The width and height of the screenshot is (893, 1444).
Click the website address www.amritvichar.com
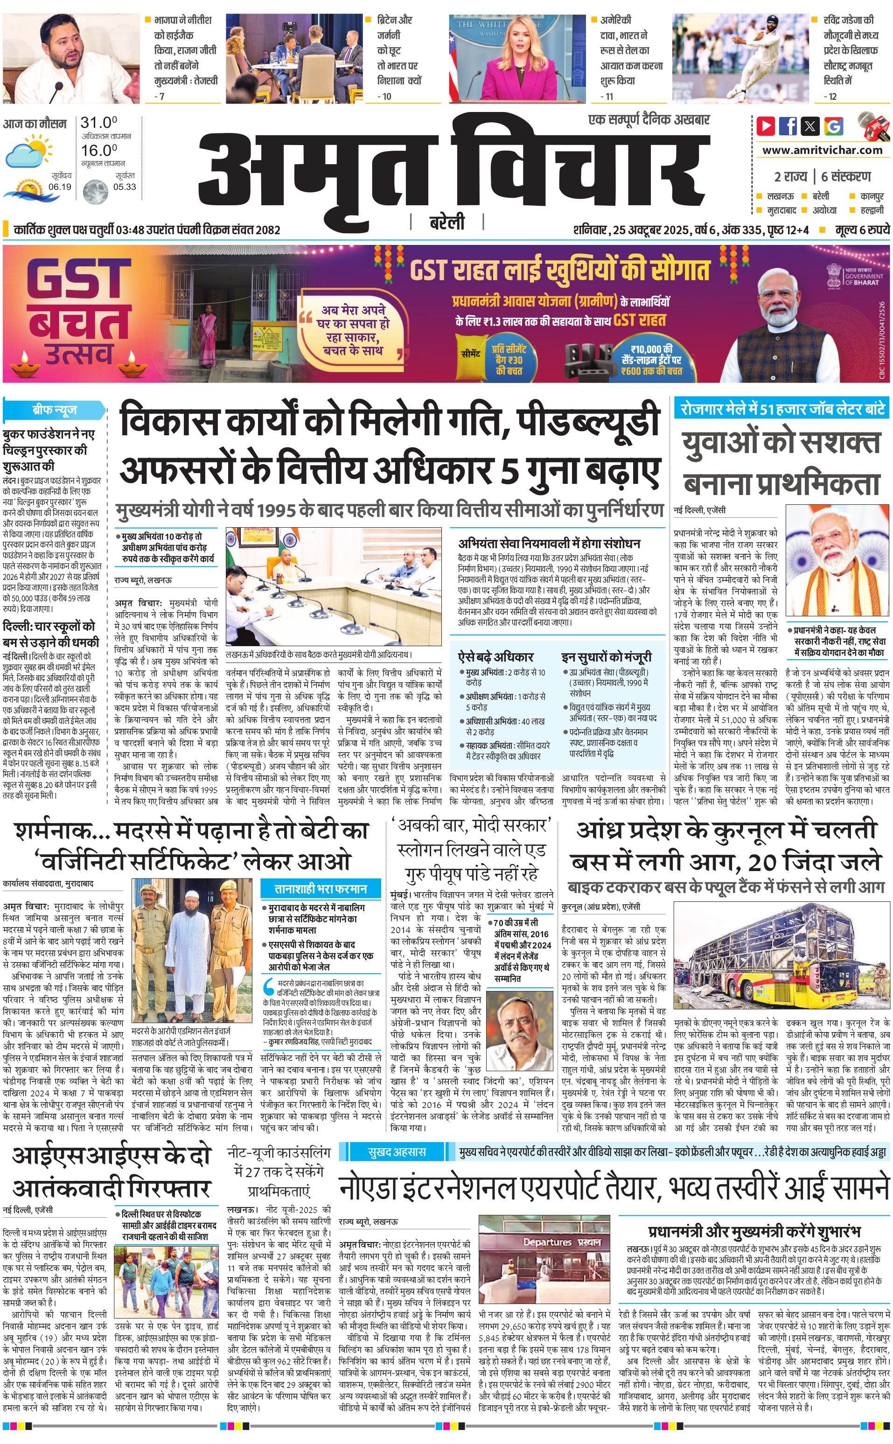pos(822,150)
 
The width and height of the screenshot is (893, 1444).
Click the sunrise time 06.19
pos(60,187)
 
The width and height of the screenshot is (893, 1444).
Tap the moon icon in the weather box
pos(95,191)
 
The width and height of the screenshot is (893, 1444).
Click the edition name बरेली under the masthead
pos(447,223)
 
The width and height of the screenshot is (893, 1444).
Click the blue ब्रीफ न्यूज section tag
pos(54,409)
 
